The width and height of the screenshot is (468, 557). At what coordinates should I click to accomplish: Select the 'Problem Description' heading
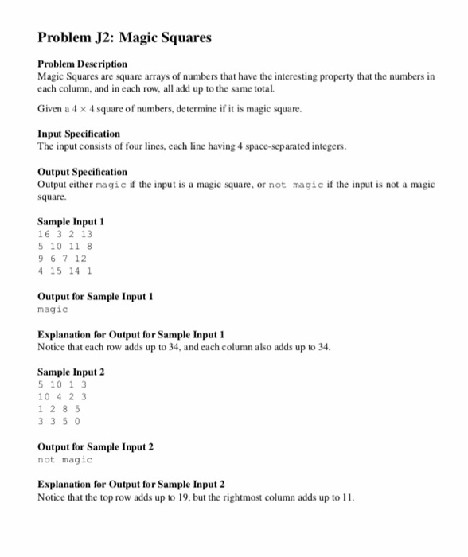click(x=82, y=64)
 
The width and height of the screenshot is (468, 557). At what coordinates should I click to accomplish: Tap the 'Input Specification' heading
click(x=79, y=134)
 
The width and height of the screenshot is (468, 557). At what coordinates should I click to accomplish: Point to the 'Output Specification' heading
click(x=82, y=172)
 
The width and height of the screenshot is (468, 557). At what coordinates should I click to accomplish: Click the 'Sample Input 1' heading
click(x=71, y=222)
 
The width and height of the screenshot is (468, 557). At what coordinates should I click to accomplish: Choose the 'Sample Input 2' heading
click(x=71, y=372)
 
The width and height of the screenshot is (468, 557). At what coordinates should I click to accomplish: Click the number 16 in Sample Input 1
click(x=44, y=234)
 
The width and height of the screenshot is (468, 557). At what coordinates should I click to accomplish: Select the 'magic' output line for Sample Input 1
click(x=53, y=309)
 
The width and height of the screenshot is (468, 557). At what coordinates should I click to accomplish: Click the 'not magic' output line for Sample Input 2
click(x=64, y=459)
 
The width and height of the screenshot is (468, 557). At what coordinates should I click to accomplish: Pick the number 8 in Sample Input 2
click(x=65, y=408)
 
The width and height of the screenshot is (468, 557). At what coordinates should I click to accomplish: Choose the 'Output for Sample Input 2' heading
click(x=96, y=447)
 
